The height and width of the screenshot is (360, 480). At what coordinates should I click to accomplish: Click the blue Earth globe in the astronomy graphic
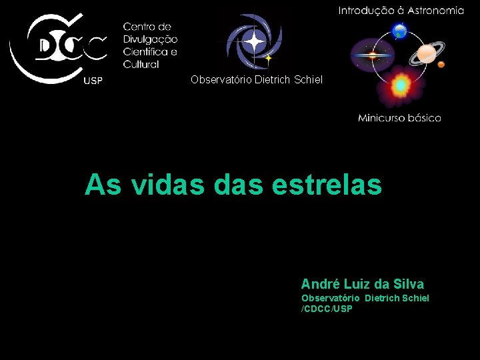coord(400,30)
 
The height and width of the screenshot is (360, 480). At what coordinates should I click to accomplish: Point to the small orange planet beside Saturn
coord(441,65)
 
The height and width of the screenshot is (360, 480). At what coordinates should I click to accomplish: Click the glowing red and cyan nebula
coord(400,85)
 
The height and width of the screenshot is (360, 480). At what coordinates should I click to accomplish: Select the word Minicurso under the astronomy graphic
coord(381,118)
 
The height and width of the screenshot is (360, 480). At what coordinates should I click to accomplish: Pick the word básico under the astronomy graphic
coord(424,118)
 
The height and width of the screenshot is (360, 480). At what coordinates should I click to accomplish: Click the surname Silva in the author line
coord(408,284)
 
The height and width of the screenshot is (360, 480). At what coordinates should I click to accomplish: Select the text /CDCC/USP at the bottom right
coord(327,309)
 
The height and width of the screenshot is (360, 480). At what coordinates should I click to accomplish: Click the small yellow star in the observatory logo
coord(269,59)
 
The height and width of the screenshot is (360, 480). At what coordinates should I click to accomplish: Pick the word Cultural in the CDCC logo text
coord(141,65)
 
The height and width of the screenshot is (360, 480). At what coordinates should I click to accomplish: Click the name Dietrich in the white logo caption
coord(273,80)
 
